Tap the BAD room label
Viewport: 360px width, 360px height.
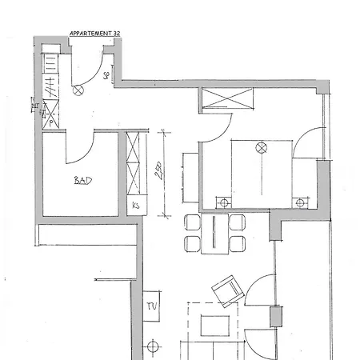pyautogui.click(x=82, y=181)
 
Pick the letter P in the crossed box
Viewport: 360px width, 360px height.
pyautogui.click(x=52, y=124)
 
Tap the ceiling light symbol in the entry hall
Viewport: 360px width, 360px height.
pyautogui.click(x=78, y=90)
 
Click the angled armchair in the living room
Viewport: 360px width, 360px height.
pyautogui.click(x=226, y=289)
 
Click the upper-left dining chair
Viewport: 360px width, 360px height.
pyautogui.click(x=192, y=222)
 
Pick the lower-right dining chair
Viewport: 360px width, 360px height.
pyautogui.click(x=238, y=242)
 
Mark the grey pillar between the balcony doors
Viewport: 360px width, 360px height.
pyautogui.click(x=276, y=316)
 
